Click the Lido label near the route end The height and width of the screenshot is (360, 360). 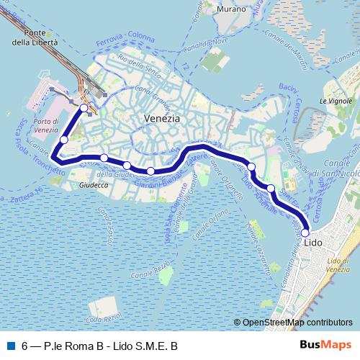point(314,243)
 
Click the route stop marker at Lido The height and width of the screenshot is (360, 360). point(305,233)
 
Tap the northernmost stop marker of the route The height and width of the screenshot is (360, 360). point(84,108)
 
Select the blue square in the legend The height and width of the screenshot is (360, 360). point(10,346)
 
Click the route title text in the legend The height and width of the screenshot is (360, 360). point(100,346)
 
